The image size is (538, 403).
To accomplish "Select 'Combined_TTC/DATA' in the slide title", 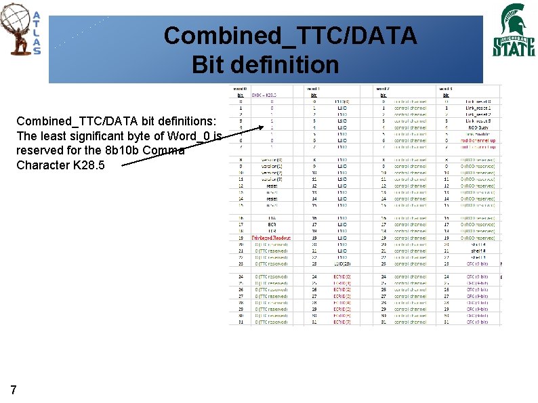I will pyautogui.click(x=290, y=36).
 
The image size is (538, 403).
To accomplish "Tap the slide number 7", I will pyautogui.click(x=14, y=389).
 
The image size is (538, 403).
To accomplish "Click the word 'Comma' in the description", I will pyautogui.click(x=165, y=150).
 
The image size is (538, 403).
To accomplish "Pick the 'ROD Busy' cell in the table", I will pyautogui.click(x=478, y=127).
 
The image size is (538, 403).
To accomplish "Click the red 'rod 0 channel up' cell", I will pyautogui.click(x=478, y=140).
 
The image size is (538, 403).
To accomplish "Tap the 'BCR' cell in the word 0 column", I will pyautogui.click(x=272, y=224).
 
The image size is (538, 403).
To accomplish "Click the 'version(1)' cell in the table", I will pyautogui.click(x=272, y=166).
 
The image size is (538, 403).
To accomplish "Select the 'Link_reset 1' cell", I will pyautogui.click(x=478, y=108).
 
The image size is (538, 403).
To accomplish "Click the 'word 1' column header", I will pyautogui.click(x=313, y=89).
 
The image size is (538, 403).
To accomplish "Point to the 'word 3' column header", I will pyautogui.click(x=446, y=89).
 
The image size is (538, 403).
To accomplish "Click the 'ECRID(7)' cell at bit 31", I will pyautogui.click(x=342, y=322).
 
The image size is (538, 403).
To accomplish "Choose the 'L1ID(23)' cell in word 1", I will pyautogui.click(x=342, y=263).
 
